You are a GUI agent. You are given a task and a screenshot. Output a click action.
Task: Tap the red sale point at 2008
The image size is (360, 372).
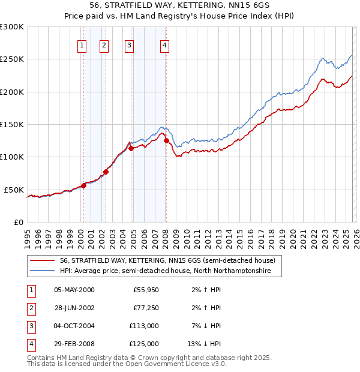point(166,140)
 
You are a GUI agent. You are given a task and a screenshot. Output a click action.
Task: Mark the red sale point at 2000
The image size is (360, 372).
point(83,185)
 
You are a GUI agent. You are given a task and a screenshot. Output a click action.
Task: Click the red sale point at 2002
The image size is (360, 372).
point(106,172)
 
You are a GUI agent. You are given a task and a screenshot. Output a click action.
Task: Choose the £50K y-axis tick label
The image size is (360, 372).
point(14,190)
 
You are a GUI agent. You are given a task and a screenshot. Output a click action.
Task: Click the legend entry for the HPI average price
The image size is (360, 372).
point(166,271)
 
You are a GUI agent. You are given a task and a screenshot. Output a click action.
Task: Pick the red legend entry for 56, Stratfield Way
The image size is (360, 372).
point(167,260)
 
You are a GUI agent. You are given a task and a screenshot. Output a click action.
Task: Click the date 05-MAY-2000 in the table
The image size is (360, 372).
point(74,290)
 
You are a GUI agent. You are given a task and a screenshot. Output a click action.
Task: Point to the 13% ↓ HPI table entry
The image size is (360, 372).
point(205,344)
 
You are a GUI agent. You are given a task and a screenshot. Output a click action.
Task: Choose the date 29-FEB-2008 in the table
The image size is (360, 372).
point(74,344)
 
